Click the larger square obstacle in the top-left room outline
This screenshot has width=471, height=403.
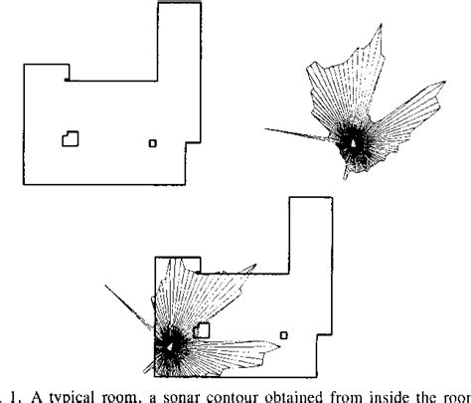71,137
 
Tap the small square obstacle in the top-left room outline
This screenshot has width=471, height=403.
152,142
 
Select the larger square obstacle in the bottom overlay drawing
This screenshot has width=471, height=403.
202,329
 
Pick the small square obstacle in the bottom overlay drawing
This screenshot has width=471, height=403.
284,335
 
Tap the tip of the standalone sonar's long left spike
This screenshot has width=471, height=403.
265,131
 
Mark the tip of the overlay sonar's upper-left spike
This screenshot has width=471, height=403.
104,284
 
